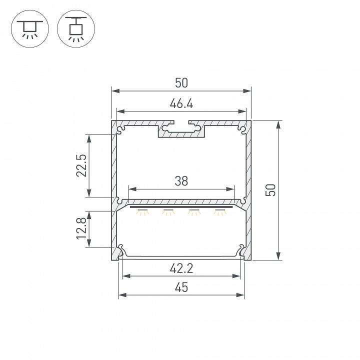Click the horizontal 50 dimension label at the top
point(181,83)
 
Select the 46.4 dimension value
point(181,103)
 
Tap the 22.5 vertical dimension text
point(81,165)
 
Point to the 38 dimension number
point(181,181)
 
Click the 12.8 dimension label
point(81,228)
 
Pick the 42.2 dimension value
point(181,268)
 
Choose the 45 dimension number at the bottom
point(181,287)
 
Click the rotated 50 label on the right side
point(270,190)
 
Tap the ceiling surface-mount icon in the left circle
point(30,29)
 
